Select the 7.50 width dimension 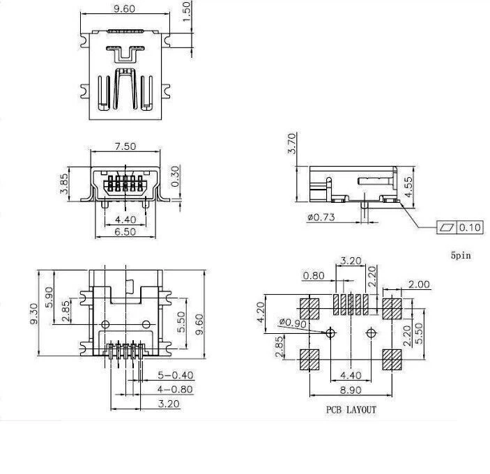pos(125,147)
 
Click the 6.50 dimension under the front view pos(124,232)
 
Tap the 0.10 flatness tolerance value pos(470,227)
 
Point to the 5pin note pos(461,256)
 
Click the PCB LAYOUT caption pos(351,410)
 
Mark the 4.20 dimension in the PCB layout pos(260,311)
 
